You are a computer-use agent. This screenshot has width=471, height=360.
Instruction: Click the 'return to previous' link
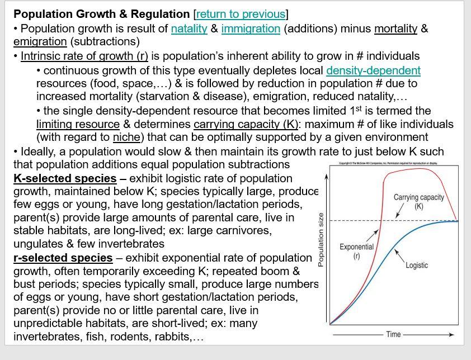[x=241, y=14]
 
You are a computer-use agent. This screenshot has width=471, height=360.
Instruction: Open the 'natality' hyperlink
[x=189, y=29]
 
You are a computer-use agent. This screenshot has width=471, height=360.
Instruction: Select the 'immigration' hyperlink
[x=251, y=29]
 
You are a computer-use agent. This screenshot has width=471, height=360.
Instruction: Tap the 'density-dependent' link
[x=373, y=70]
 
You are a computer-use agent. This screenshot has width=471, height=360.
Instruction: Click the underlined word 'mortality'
[x=395, y=29]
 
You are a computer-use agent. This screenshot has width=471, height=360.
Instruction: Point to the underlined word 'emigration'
[x=40, y=42]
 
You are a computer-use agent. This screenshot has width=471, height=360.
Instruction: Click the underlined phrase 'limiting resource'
[x=78, y=124]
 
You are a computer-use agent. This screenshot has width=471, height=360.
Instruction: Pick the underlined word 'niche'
[x=126, y=138]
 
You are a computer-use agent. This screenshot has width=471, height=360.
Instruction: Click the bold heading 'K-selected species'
[x=65, y=179]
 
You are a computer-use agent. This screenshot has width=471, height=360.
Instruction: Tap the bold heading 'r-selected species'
[x=63, y=258]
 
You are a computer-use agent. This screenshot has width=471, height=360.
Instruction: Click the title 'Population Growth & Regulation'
[x=101, y=14]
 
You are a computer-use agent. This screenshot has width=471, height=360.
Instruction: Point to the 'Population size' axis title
[x=321, y=240]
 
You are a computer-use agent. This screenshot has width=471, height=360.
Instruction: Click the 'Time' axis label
[x=393, y=334]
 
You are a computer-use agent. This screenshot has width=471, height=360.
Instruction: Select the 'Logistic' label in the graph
[x=416, y=265]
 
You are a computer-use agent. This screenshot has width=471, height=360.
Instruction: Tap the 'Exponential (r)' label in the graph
[x=356, y=251]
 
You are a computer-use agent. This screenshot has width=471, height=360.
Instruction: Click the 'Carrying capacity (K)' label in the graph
[x=418, y=201]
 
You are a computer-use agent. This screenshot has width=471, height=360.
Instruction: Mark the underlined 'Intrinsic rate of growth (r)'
[x=84, y=56]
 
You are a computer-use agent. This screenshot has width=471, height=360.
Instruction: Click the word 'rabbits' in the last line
[x=171, y=337]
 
